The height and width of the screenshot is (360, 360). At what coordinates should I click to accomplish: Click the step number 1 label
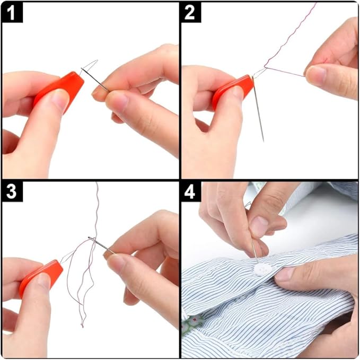click(x=12, y=12)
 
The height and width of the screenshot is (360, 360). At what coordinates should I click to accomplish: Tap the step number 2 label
click(x=190, y=12)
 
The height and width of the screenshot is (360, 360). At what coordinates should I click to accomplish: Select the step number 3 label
click(x=12, y=192)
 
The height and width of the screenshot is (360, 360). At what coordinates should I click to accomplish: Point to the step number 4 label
click(x=190, y=192)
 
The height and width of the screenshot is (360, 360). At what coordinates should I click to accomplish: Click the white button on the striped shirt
click(x=263, y=270)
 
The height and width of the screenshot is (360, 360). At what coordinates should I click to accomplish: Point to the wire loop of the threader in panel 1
click(x=90, y=66)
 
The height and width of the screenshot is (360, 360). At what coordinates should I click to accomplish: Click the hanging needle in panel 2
click(x=258, y=111)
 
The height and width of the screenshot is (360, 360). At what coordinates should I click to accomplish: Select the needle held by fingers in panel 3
click(x=101, y=245)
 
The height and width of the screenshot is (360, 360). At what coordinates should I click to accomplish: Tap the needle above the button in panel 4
click(x=253, y=249)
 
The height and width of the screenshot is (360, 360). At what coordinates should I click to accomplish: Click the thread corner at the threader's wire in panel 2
click(x=265, y=69)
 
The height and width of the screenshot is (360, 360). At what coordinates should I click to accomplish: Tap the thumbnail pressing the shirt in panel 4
click(x=285, y=274)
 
